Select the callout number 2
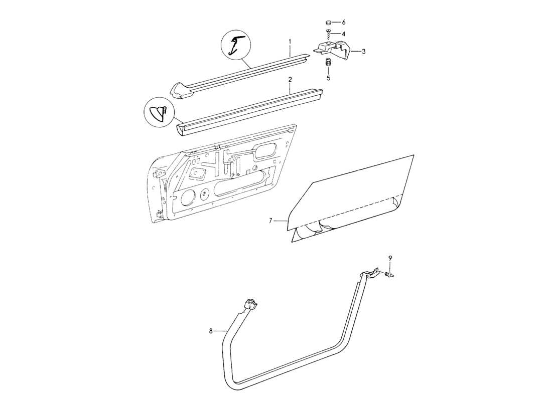(290, 79)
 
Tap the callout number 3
(363, 51)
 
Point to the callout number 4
(343, 34)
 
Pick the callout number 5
(328, 78)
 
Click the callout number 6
(344, 23)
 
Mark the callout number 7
(270, 220)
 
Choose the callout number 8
(211, 331)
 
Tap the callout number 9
(390, 258)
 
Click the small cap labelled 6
(328, 23)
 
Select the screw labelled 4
(328, 35)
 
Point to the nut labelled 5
(328, 63)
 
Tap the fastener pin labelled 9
(389, 274)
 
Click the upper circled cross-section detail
(235, 44)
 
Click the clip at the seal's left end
(249, 303)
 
